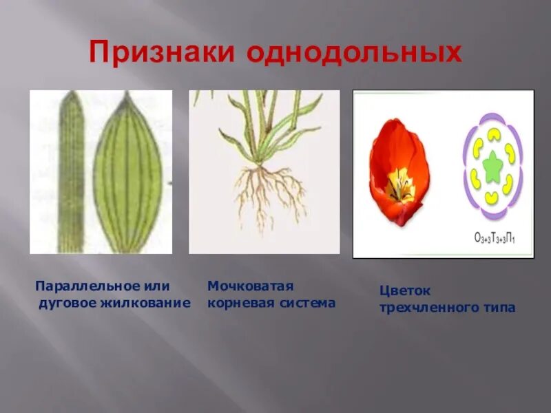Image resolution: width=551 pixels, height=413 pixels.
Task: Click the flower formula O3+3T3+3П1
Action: pyautogui.click(x=494, y=239)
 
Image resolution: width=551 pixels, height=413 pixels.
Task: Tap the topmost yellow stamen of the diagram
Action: pyautogui.click(x=492, y=136)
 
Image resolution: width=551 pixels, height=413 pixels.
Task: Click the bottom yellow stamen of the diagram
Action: pyautogui.click(x=492, y=198)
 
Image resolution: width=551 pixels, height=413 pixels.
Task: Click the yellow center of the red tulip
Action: pyautogui.click(x=399, y=184)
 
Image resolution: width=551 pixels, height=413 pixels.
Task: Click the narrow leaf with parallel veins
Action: pyautogui.click(x=70, y=172)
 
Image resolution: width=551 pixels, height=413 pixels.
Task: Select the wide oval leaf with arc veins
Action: pyautogui.click(x=128, y=173)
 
